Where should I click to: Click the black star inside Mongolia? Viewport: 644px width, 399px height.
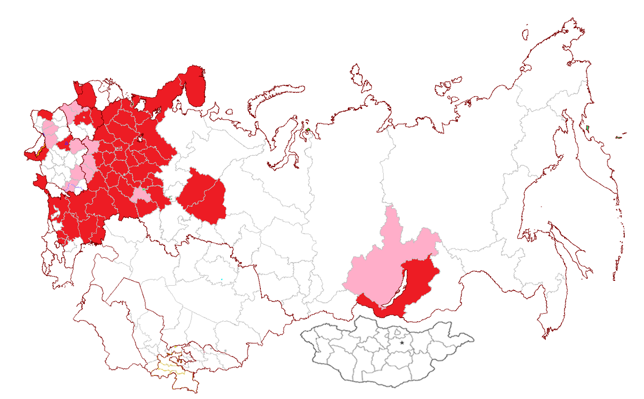click(x=402, y=342)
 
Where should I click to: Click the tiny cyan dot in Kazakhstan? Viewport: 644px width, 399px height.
click(x=221, y=279)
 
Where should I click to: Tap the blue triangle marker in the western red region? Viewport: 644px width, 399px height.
click(x=66, y=144)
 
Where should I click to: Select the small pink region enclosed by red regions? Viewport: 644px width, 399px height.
click(x=141, y=194)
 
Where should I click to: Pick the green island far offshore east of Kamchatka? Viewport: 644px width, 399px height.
click(x=618, y=137)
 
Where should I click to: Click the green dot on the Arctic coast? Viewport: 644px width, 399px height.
click(x=308, y=130)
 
